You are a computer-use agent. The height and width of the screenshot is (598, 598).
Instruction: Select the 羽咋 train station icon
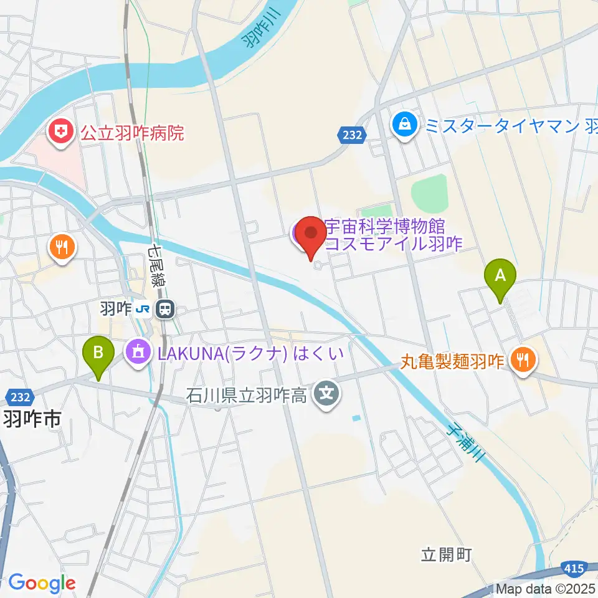click(165, 308)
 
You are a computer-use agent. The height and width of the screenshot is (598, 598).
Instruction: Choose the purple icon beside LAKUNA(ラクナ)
click(138, 353)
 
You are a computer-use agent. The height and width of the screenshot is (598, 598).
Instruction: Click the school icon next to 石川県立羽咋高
click(326, 394)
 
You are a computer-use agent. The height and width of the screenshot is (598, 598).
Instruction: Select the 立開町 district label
click(447, 554)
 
